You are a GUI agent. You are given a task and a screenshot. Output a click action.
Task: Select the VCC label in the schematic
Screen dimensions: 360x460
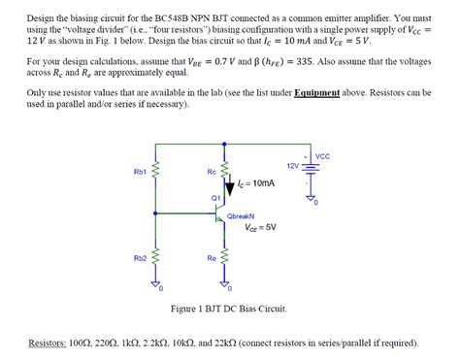[323, 156]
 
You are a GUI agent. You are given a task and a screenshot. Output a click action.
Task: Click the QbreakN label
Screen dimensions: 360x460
[240, 217]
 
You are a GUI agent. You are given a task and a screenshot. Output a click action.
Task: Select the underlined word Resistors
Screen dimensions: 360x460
[48, 343]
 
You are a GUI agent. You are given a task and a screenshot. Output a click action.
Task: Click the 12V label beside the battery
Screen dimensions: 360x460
[293, 166]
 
